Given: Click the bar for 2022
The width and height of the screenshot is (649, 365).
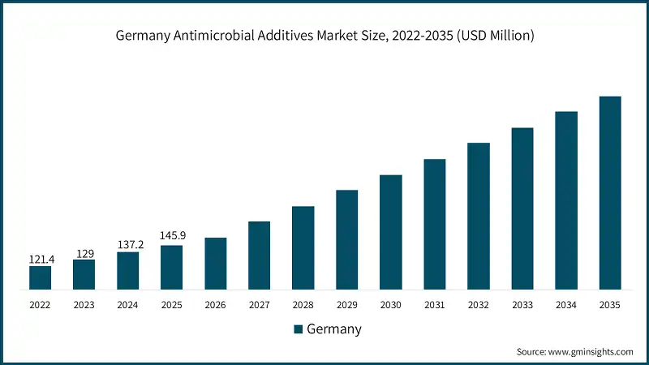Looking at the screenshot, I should pyautogui.click(x=41, y=277).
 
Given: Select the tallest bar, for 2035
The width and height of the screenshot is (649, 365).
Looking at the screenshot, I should pyautogui.click(x=610, y=192).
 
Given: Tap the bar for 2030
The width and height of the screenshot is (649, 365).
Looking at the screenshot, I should pyautogui.click(x=391, y=231).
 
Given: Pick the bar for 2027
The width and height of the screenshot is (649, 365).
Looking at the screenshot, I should pyautogui.click(x=260, y=255).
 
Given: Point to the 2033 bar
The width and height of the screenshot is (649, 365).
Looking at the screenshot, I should pyautogui.click(x=522, y=208).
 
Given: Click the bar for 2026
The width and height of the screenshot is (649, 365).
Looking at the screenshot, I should pyautogui.click(x=216, y=263).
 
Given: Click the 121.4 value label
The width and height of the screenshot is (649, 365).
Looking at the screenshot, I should pyautogui.click(x=41, y=258).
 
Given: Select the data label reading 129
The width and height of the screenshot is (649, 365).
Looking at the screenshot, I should pyautogui.click(x=84, y=253).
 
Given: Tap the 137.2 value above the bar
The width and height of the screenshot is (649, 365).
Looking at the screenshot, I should pyautogui.click(x=128, y=244).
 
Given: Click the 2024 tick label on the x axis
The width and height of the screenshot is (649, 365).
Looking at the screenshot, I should pyautogui.click(x=128, y=305).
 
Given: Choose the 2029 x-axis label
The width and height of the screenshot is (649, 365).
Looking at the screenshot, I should pyautogui.click(x=347, y=305).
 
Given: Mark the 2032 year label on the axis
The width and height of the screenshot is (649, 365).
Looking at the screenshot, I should pyautogui.click(x=479, y=305).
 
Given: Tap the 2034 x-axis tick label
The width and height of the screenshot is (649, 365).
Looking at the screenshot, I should pyautogui.click(x=566, y=305).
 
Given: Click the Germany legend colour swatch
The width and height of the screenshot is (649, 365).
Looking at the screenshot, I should pyautogui.click(x=298, y=329).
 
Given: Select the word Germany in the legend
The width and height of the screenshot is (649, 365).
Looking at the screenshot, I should pyautogui.click(x=334, y=329).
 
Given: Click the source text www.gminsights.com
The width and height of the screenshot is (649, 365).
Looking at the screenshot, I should pyautogui.click(x=590, y=352).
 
